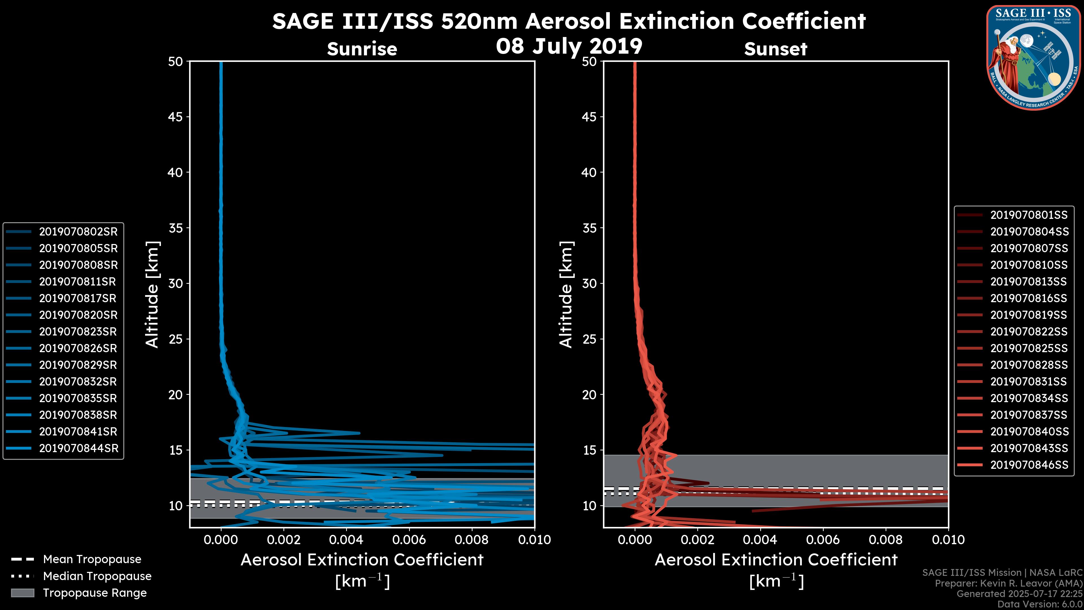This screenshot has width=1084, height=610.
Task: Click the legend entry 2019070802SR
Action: click(78, 232)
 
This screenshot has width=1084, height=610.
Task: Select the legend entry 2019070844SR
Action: click(78, 448)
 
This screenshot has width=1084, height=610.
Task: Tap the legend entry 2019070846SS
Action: click(1028, 465)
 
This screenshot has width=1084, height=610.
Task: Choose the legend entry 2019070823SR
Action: click(78, 332)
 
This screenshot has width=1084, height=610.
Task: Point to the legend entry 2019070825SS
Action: click(1028, 348)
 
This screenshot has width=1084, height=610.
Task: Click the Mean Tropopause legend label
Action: click(92, 559)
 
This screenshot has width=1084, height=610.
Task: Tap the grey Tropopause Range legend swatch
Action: click(22, 593)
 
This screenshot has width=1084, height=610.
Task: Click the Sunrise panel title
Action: click(362, 49)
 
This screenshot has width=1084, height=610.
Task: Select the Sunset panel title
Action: click(775, 49)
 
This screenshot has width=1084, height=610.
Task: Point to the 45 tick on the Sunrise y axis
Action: click(176, 117)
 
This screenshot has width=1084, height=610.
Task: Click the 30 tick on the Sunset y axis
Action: click(589, 283)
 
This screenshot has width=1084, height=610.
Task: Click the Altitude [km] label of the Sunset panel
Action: click(566, 294)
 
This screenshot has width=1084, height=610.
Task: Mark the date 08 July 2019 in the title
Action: click(569, 46)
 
